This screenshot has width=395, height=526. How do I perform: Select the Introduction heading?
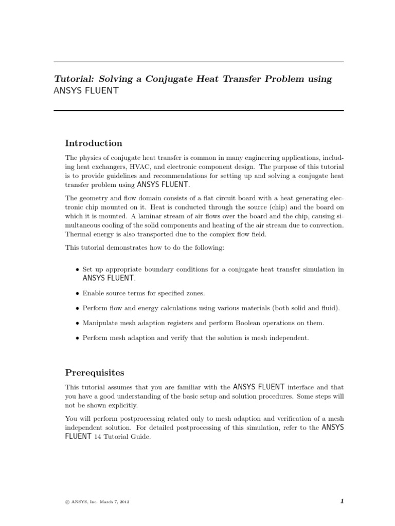pyautogui.click(x=94, y=143)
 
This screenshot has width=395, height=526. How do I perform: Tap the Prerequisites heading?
pyautogui.click(x=95, y=372)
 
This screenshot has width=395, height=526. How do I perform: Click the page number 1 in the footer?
pyautogui.click(x=341, y=501)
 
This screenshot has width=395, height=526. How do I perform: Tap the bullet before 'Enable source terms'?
pyautogui.click(x=77, y=294)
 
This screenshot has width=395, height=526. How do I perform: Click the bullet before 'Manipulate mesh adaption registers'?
pyautogui.click(x=77, y=324)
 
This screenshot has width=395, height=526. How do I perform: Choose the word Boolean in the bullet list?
pyautogui.click(x=254, y=323)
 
